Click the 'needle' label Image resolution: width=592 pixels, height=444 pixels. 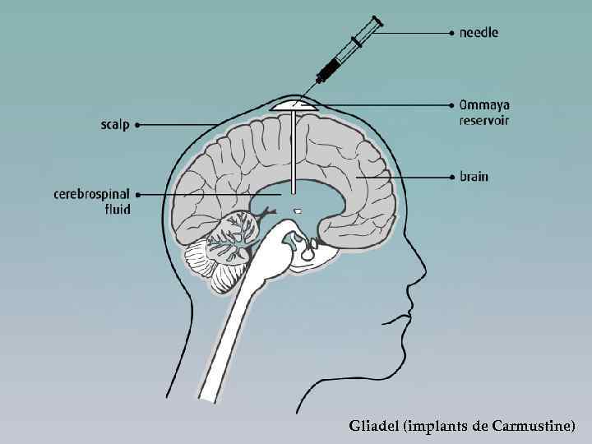pyautogui.click(x=479, y=33)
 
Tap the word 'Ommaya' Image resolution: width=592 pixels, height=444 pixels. pyautogui.click(x=484, y=105)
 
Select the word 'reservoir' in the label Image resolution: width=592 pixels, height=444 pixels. pyautogui.click(x=485, y=121)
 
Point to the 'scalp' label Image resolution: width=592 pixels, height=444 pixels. pyautogui.click(x=114, y=125)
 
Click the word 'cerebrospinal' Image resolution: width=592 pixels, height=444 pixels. pyautogui.click(x=91, y=195)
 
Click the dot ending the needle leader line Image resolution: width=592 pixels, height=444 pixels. pyautogui.click(x=451, y=33)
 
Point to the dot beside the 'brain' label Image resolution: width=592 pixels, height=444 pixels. pyautogui.click(x=451, y=176)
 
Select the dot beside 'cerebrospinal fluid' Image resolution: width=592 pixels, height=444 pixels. pyautogui.click(x=137, y=195)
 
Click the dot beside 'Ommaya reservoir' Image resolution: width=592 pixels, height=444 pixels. pyautogui.click(x=451, y=105)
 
